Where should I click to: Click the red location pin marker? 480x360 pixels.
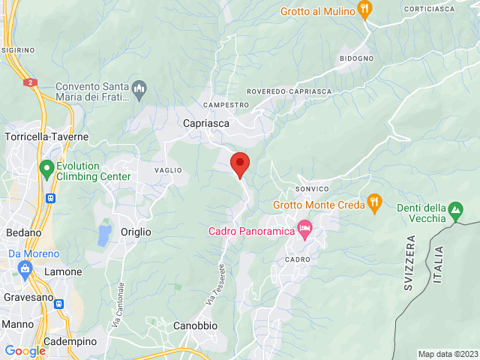(239, 163)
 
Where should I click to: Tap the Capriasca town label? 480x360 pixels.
(206, 123)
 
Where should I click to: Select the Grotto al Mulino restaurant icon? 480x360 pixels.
(365, 10)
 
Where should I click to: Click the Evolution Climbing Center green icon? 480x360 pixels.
(46, 169)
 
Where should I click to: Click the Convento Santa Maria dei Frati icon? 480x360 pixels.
(139, 91)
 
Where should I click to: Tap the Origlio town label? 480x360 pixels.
(136, 232)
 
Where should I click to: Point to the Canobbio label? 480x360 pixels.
(195, 325)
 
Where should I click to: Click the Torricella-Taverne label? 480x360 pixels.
(46, 137)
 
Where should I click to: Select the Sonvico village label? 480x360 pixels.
(313, 188)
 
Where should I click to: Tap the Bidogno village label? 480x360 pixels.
(355, 58)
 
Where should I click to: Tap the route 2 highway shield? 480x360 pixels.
(30, 82)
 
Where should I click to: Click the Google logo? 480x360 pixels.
(25, 351)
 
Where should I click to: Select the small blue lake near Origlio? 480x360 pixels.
(103, 235)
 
